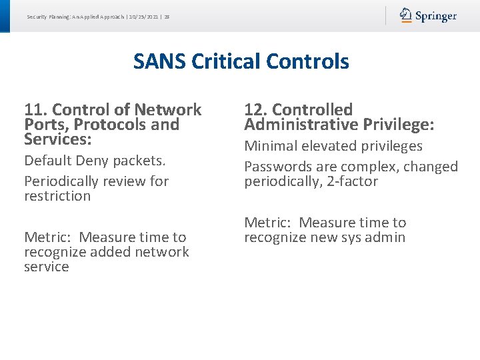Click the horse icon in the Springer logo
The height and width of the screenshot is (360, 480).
pyautogui.click(x=406, y=15)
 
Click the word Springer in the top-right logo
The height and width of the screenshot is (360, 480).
pyautogui.click(x=436, y=16)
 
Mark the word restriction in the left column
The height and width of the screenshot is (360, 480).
pyautogui.click(x=57, y=196)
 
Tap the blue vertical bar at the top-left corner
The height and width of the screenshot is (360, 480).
pyautogui.click(x=5, y=15)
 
